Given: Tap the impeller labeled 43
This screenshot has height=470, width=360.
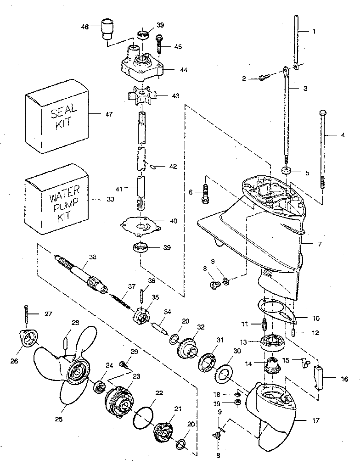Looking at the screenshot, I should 142,96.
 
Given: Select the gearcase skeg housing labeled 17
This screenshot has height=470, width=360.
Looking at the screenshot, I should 271,413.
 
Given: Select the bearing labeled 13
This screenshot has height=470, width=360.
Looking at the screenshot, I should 271,344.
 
